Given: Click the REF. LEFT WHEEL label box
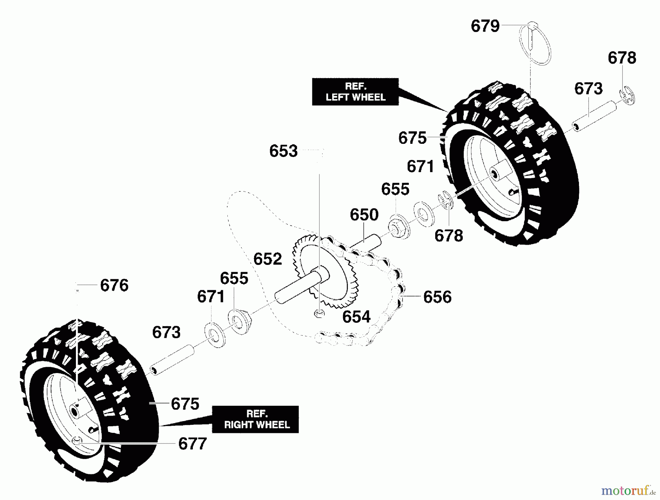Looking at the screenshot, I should [x=355, y=92].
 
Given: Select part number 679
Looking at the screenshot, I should [x=485, y=26].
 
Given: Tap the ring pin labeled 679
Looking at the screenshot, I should [x=535, y=44].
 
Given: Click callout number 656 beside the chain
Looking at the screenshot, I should [x=437, y=297].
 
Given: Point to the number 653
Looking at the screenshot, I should [x=283, y=151].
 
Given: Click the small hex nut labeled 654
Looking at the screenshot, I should [x=319, y=314].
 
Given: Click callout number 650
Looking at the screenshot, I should [x=364, y=215].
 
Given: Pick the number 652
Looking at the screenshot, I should [x=268, y=259].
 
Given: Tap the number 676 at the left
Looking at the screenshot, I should [x=114, y=285].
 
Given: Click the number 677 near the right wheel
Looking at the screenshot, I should [x=192, y=444].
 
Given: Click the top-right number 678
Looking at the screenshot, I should [x=622, y=58].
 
